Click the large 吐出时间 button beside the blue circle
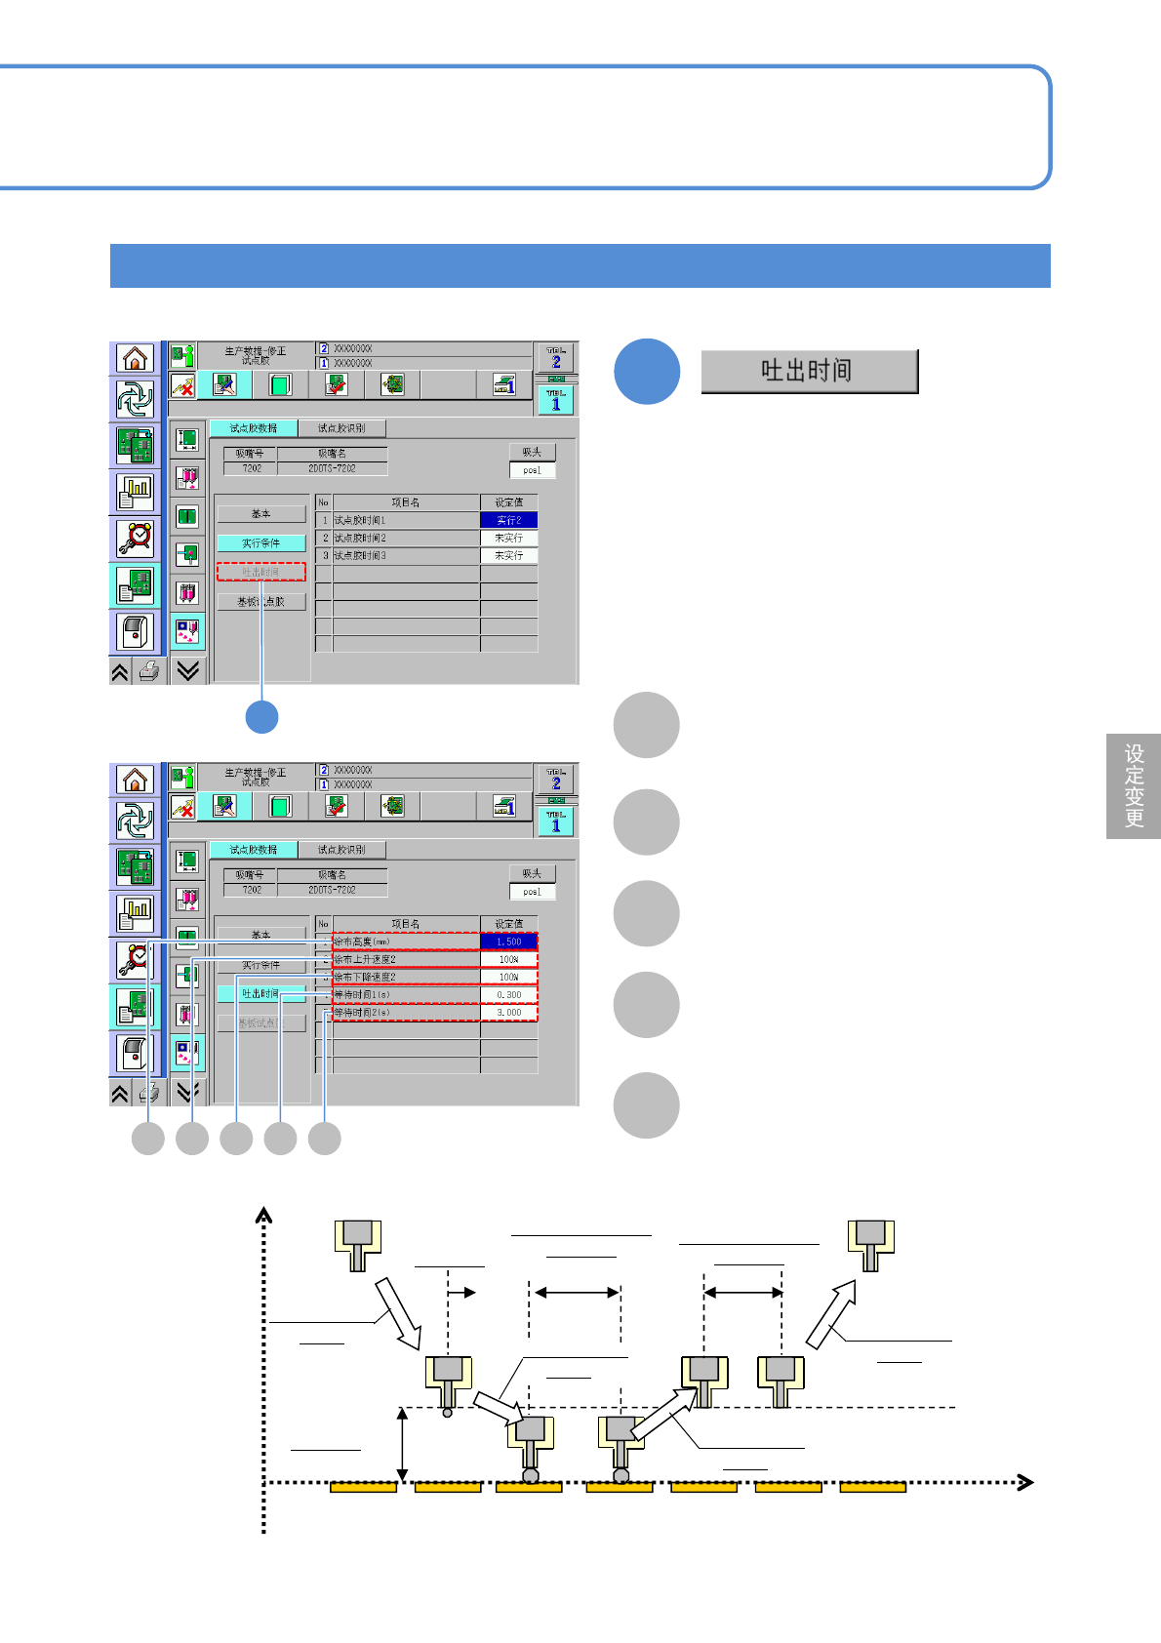pos(809,372)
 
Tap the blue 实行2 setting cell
pos(508,520)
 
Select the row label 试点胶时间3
pos(361,555)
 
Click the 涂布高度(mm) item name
pos(362,942)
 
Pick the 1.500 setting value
pos(508,942)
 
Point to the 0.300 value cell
pos(508,995)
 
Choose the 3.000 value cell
pos(508,1013)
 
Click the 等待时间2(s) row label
pos(362,1013)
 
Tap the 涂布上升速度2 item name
pos(365,959)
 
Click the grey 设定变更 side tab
pos(1134,785)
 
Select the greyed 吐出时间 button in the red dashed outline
pos(260,572)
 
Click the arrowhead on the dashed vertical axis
pos(263,1215)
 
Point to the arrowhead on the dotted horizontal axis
pos(1024,1483)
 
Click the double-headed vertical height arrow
pos(402,1445)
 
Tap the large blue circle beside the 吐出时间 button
pos(647,372)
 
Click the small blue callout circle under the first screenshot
pos(261,717)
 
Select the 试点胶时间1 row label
pos(361,520)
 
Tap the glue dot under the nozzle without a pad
pos(448,1412)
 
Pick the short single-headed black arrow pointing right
pos(461,1293)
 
